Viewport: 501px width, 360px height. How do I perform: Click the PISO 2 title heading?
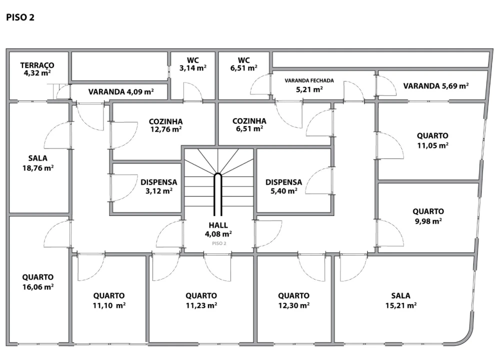[x=20, y=17]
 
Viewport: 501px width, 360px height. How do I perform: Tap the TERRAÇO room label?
[x=37, y=65]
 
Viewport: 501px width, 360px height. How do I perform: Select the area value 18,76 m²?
[x=37, y=168]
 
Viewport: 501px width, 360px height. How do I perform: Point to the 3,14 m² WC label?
[x=192, y=64]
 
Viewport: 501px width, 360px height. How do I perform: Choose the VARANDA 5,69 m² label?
[x=436, y=86]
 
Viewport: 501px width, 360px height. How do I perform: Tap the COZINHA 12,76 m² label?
[x=166, y=125]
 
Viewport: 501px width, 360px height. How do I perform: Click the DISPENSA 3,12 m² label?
[x=159, y=186]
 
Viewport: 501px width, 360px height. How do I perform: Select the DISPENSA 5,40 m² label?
[x=283, y=186]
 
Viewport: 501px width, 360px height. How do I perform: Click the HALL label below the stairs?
[x=218, y=225]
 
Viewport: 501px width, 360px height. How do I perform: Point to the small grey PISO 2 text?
[x=219, y=243]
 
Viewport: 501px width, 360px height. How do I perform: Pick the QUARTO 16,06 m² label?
[x=37, y=282]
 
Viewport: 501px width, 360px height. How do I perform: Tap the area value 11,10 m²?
[x=109, y=305]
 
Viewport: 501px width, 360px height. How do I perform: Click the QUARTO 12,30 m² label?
[x=293, y=300]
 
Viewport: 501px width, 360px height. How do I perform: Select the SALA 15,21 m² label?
[x=400, y=300]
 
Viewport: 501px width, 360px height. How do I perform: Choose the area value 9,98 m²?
[x=428, y=221]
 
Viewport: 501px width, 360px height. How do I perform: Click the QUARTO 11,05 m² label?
[x=432, y=140]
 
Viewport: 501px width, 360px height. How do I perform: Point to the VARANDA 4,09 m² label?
[x=121, y=92]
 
